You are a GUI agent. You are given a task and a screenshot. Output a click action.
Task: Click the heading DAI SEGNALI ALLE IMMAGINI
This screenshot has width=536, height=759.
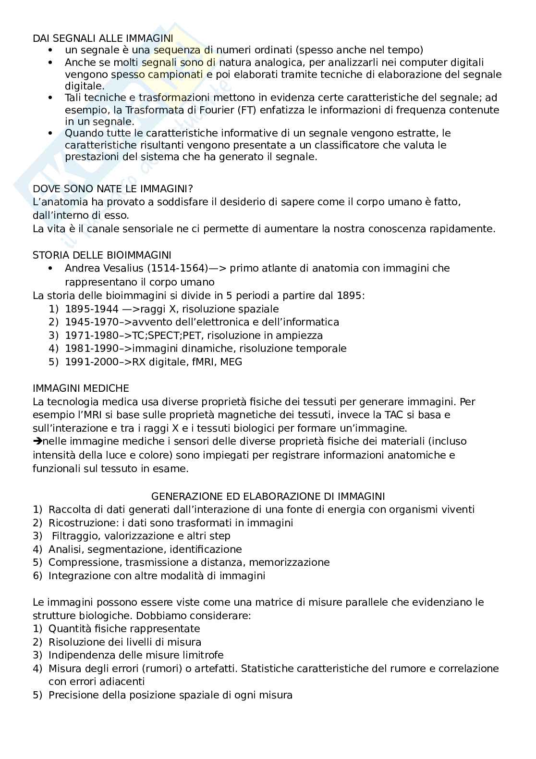click(103, 38)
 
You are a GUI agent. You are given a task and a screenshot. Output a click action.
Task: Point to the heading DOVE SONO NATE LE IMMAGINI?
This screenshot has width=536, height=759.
click(112, 189)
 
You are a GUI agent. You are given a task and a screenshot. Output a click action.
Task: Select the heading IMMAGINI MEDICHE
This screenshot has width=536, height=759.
click(81, 388)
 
